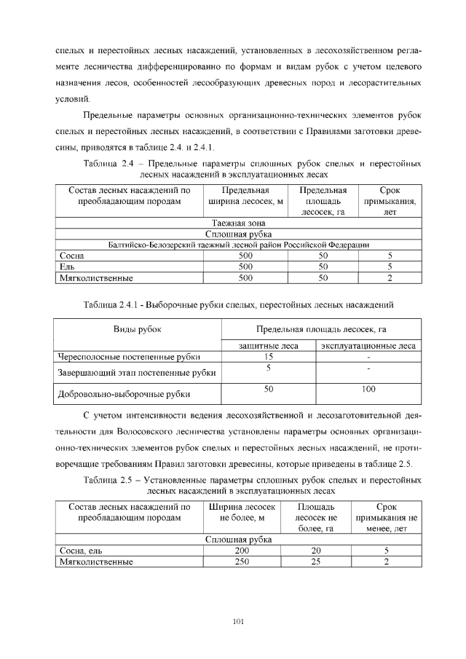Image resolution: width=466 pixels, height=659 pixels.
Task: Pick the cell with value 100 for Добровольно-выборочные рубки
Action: [368, 390]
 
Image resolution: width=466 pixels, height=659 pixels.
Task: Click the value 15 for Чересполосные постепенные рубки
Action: [268, 356]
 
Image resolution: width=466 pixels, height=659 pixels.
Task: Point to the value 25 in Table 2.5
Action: [315, 561]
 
